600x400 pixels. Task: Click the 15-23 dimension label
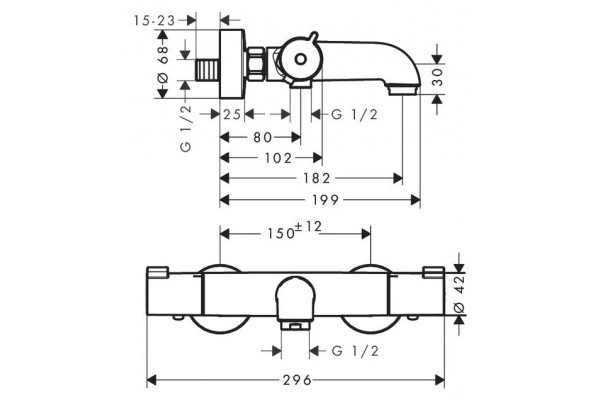click(154, 20)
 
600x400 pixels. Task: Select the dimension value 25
click(232, 114)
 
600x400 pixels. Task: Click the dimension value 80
click(262, 137)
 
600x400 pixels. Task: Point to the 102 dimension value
click(278, 158)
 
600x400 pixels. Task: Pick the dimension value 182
click(316, 178)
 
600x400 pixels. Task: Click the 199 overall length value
click(325, 199)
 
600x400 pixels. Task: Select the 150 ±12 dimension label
click(294, 230)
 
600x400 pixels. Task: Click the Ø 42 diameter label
click(460, 293)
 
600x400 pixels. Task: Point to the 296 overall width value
click(297, 380)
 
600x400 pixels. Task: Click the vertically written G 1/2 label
click(186, 128)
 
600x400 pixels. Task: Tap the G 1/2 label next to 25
click(354, 114)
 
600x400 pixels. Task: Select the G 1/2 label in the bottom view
click(355, 351)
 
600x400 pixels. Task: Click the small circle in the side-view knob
click(301, 59)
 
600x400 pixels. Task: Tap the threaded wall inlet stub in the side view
click(208, 70)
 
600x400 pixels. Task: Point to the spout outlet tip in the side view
click(403, 90)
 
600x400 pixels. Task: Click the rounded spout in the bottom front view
click(295, 300)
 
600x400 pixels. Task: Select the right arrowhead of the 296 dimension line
click(440, 380)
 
